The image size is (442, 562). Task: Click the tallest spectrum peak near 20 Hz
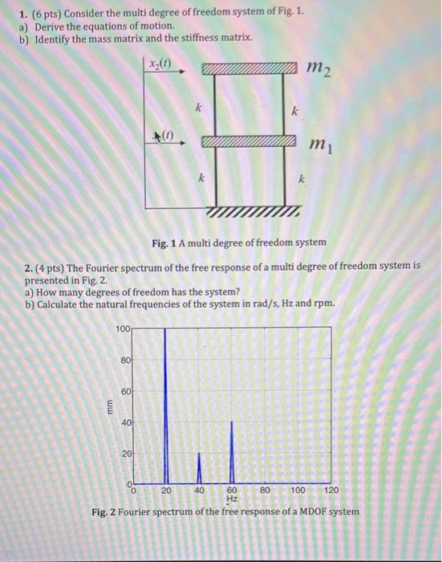165,401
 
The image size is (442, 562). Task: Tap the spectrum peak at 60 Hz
232,450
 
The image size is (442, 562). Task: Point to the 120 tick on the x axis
330,490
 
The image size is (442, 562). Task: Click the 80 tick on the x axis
265,490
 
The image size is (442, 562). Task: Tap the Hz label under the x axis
232,499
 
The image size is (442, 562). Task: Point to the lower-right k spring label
302,181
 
